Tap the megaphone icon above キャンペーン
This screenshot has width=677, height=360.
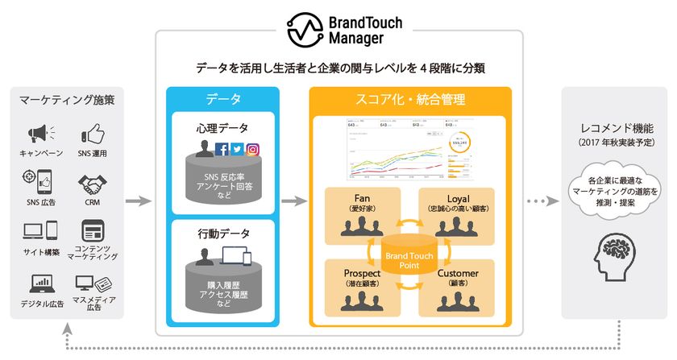coord(40,133)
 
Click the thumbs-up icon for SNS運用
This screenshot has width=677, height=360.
coord(93,133)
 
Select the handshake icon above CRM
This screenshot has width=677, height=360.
coord(93,184)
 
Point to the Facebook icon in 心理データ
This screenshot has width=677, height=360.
coord(222,148)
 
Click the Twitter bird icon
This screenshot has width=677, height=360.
coord(237,148)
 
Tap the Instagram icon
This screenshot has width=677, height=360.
coord(252,148)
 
